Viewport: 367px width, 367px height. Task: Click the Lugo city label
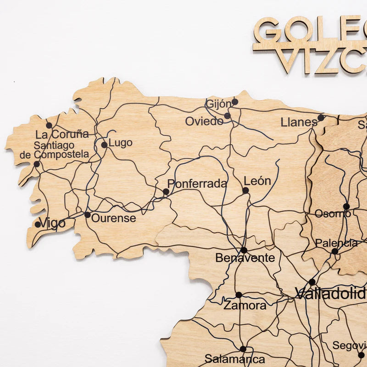120,143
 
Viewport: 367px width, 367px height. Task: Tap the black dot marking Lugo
104,145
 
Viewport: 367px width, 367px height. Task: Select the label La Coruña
62,134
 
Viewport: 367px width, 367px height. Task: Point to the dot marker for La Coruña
49,125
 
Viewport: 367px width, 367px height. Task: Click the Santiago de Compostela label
55,150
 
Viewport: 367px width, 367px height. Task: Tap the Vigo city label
52,223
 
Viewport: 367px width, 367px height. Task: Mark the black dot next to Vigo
38,224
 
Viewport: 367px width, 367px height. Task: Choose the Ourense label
113,218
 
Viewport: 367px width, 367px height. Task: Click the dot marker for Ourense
88,215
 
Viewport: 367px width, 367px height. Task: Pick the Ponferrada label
197,184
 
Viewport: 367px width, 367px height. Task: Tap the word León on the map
257,181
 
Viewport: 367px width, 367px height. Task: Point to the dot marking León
245,190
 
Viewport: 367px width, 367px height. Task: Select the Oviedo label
204,122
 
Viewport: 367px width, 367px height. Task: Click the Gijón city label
219,104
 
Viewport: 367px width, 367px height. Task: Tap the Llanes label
299,122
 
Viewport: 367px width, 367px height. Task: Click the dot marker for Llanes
321,118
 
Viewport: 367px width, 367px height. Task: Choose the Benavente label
245,258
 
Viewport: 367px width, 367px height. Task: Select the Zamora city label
245,306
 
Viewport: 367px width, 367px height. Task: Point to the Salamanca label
234,359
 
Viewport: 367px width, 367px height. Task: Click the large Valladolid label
331,293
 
